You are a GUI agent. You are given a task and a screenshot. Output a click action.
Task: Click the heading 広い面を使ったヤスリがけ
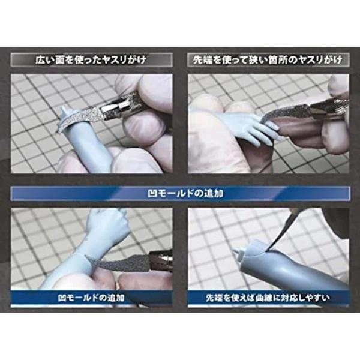[91, 60]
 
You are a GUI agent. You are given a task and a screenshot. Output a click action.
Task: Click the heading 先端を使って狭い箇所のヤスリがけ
[268, 60]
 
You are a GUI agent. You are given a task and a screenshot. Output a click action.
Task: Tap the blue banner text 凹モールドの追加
[185, 194]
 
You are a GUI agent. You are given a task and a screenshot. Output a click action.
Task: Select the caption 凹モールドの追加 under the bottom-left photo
[91, 298]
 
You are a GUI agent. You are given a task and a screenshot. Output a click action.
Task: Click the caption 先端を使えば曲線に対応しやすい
[268, 298]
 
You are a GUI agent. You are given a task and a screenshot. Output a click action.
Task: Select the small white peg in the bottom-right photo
[238, 254]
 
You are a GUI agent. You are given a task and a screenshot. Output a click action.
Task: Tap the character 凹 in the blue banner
[152, 194]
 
